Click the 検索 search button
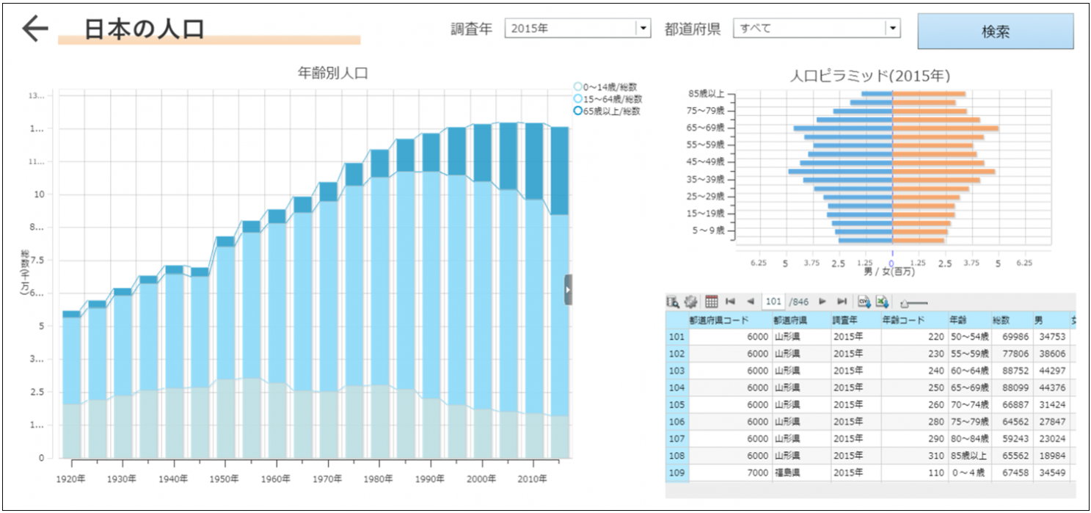[x=995, y=32]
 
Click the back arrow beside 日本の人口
[x=34, y=29]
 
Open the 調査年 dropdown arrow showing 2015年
[x=643, y=29]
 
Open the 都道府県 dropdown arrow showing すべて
[x=892, y=29]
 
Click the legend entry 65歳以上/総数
[x=608, y=112]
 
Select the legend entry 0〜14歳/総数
[x=608, y=87]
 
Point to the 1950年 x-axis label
[x=225, y=479]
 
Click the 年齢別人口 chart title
[x=332, y=73]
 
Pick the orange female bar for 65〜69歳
[x=945, y=128]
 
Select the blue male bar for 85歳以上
[x=877, y=94]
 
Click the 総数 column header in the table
[x=1001, y=320]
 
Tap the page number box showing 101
[x=773, y=302]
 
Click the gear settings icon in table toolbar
[x=690, y=302]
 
